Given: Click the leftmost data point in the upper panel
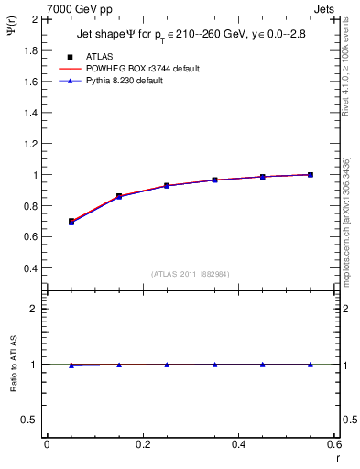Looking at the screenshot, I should [x=71, y=222].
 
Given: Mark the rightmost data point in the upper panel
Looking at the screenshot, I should [x=311, y=174].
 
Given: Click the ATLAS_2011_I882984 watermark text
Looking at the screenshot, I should [x=191, y=274].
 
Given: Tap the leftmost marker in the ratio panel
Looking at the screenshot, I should [x=71, y=365].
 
